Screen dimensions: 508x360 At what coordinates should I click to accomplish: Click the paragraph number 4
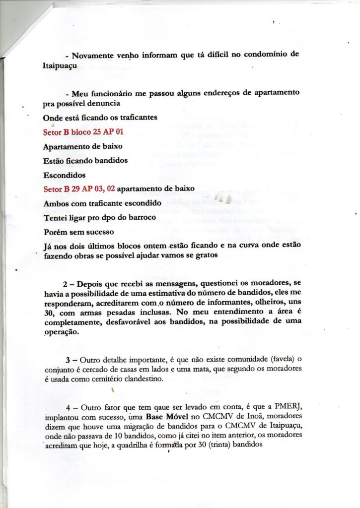(x=68, y=407)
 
